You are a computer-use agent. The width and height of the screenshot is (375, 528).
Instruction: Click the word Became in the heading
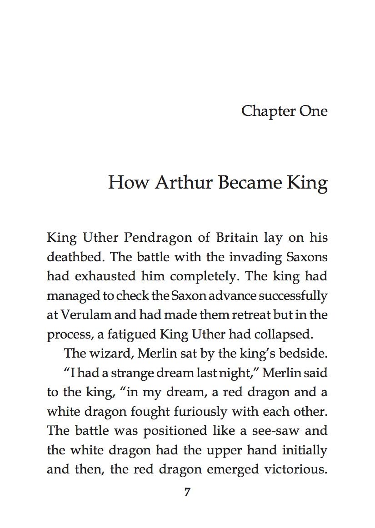pos(250,183)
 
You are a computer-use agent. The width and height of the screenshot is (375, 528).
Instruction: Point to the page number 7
pos(187,492)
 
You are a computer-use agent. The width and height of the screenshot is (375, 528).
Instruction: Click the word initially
pos(302,450)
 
